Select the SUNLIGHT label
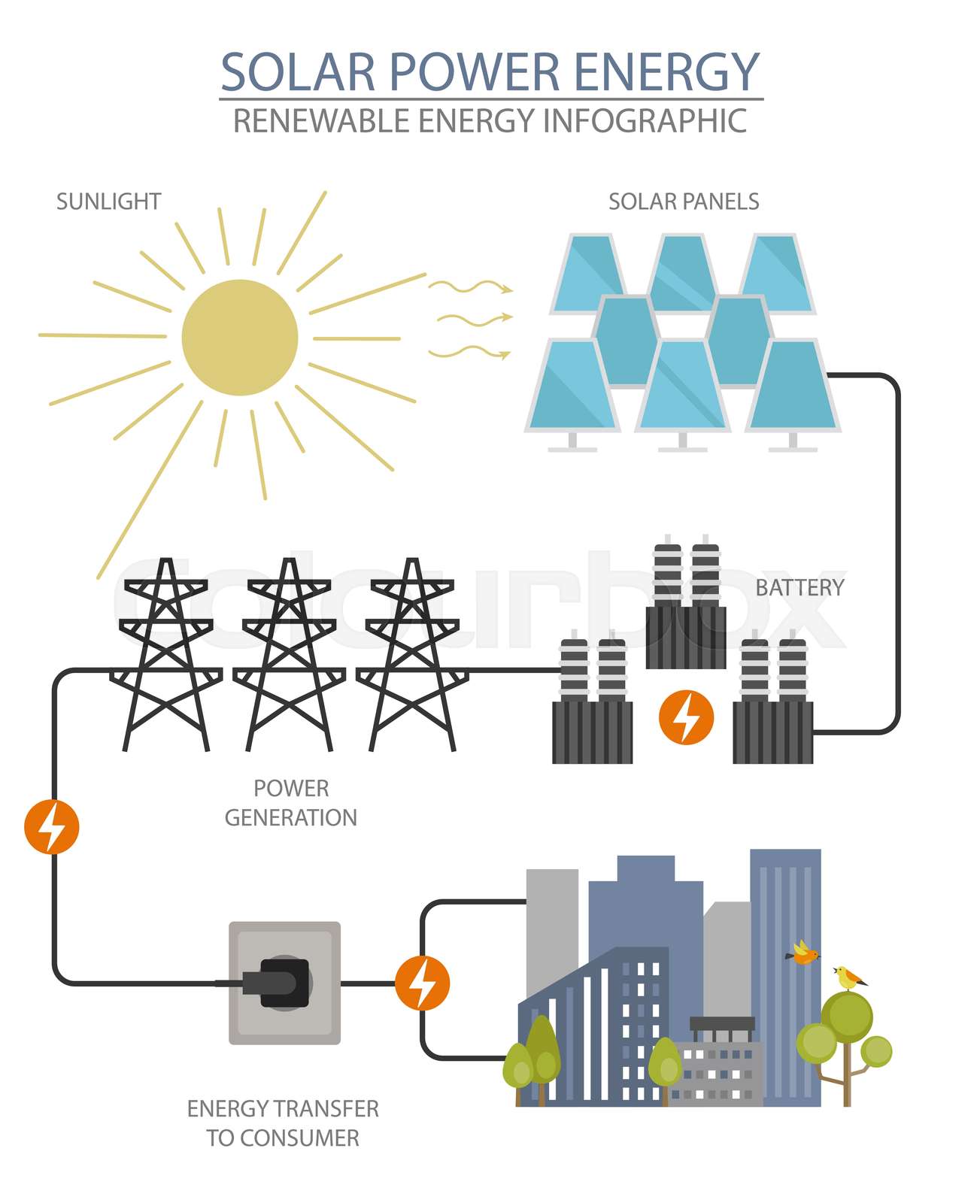tap(108, 202)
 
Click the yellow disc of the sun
tap(240, 337)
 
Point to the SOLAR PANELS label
tap(683, 202)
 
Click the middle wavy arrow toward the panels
tap(474, 320)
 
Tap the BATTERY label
tap(799, 588)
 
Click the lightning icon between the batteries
tap(686, 717)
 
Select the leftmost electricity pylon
tap(166, 654)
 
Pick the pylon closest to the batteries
tap(412, 654)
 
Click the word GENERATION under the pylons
tap(290, 817)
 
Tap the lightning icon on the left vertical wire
tap(51, 826)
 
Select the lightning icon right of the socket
tap(422, 983)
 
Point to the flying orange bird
tap(803, 953)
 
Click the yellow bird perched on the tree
tap(850, 978)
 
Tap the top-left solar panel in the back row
tap(588, 272)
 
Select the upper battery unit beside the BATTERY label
tap(685, 609)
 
